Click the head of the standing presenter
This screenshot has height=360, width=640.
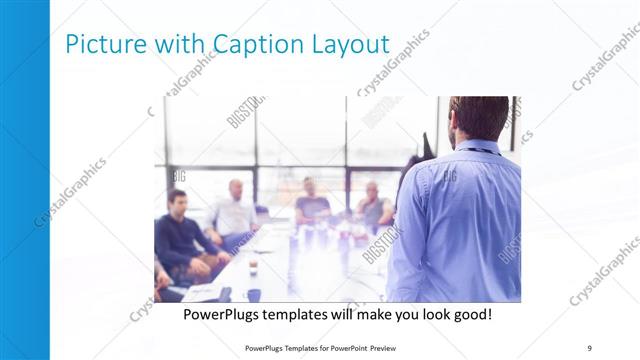[x=478, y=118]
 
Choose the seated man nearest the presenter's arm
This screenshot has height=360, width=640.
[x=374, y=207]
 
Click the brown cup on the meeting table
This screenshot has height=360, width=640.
[x=253, y=267]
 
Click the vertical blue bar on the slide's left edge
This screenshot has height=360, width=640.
[x=24, y=180]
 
